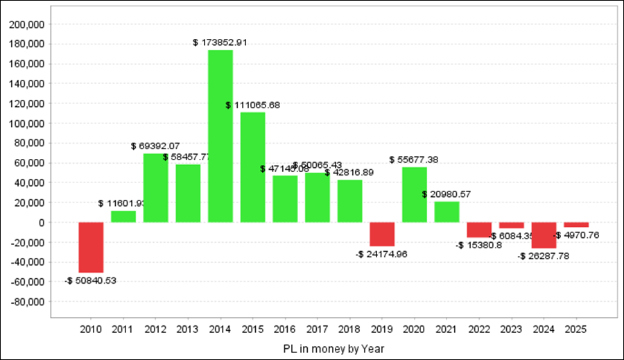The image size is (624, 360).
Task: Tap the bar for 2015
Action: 252,167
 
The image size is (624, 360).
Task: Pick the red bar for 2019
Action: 382,234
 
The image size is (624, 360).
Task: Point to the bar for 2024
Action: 544,235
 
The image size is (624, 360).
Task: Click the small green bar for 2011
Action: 123,216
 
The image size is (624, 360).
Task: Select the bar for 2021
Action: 447,212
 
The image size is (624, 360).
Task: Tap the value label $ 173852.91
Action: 220,42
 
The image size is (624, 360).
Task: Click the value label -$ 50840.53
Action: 91,281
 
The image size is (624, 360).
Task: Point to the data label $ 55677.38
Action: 414,160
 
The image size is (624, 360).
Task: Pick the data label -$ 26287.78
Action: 543,256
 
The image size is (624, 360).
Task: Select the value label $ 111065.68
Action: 252,105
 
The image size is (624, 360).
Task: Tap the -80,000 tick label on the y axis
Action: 28,302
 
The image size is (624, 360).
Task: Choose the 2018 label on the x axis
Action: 349,329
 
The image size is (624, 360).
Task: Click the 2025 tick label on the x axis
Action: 576,329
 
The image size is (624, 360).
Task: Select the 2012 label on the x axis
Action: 155,329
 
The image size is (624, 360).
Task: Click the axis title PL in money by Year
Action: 333,348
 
